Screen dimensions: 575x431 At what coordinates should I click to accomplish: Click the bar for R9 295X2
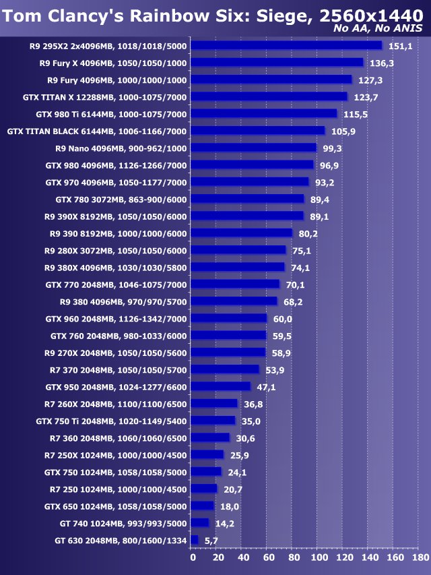[x=286, y=46]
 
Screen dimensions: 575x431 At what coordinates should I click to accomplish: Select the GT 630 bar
[x=195, y=540]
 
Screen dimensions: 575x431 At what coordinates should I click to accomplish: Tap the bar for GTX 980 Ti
[x=264, y=114]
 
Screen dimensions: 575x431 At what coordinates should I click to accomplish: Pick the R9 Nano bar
[x=254, y=148]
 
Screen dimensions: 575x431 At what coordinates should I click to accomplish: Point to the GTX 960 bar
[x=229, y=318]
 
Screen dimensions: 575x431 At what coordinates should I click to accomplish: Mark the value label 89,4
[x=319, y=199]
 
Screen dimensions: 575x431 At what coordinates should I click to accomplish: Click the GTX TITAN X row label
[x=104, y=97]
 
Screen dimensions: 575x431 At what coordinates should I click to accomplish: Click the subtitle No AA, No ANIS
[x=378, y=28]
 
